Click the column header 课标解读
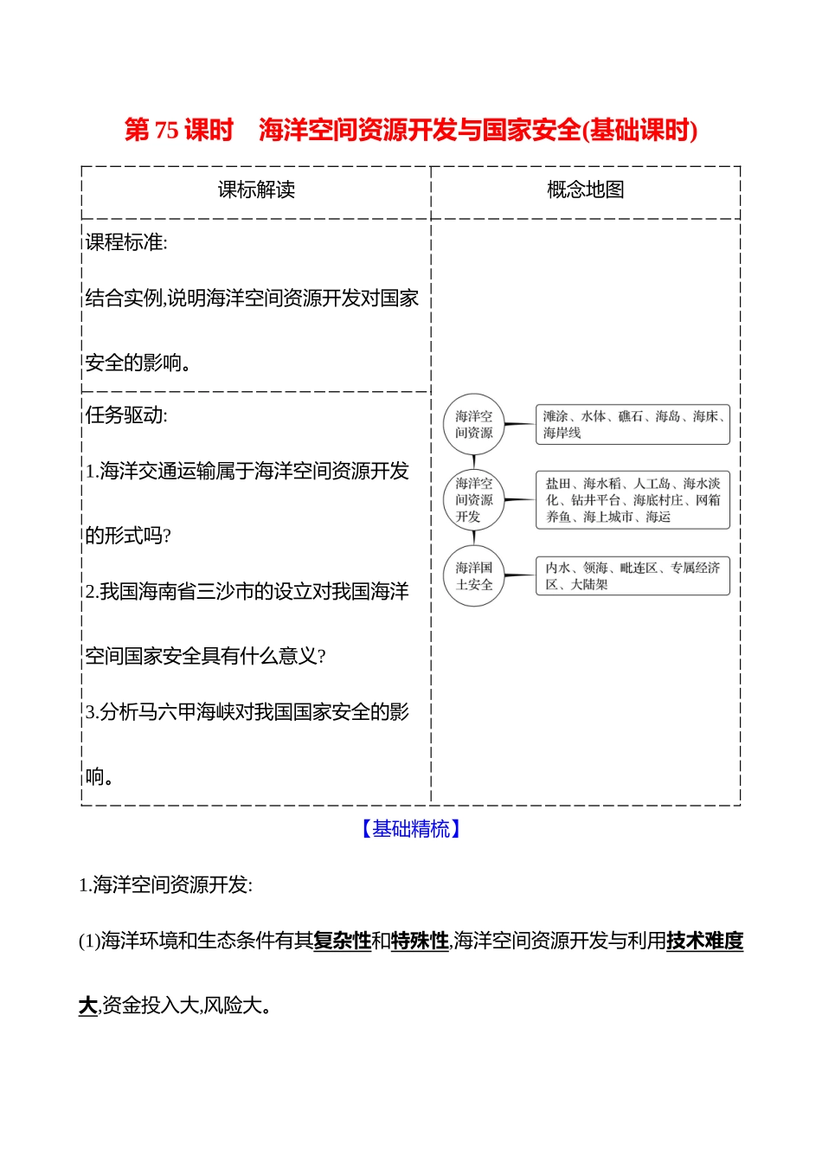pyautogui.click(x=256, y=190)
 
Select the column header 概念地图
pyautogui.click(x=585, y=190)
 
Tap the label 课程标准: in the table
pyautogui.click(x=126, y=243)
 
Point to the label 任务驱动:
pyautogui.click(x=126, y=415)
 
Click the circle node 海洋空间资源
pyautogui.click(x=474, y=424)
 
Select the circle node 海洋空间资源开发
pyautogui.click(x=474, y=500)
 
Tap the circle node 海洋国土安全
pyautogui.click(x=474, y=576)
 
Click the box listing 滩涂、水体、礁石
pyautogui.click(x=633, y=424)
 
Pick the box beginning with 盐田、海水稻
pyautogui.click(x=633, y=500)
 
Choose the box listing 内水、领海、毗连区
pyautogui.click(x=633, y=576)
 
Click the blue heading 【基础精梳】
pyautogui.click(x=411, y=829)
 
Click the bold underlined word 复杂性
pyautogui.click(x=342, y=941)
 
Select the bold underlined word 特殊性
pyautogui.click(x=420, y=941)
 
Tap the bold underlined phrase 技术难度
pyautogui.click(x=704, y=941)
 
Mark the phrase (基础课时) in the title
pyautogui.click(x=641, y=131)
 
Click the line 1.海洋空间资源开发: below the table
pyautogui.click(x=165, y=885)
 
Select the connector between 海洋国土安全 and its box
pyautogui.click(x=519, y=575)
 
